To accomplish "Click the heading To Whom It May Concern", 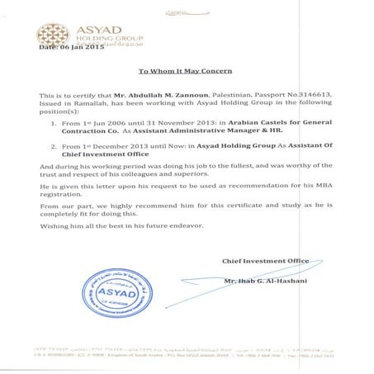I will [191, 72].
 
